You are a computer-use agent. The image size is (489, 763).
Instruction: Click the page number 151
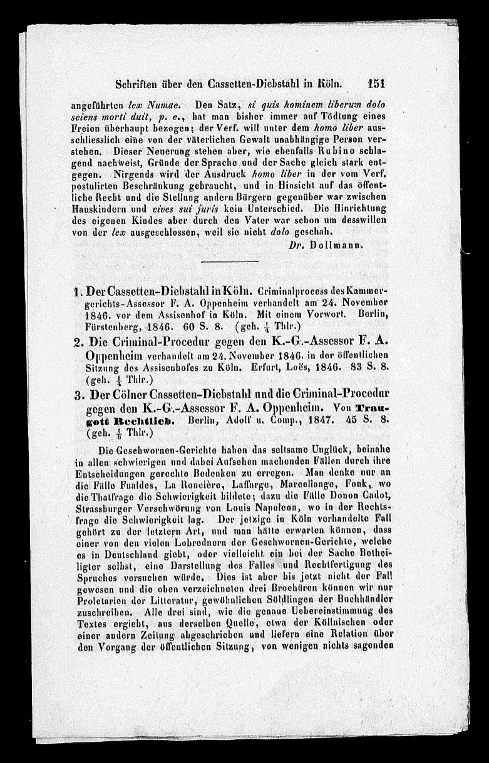380,86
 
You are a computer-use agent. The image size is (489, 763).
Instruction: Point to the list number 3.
78,392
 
